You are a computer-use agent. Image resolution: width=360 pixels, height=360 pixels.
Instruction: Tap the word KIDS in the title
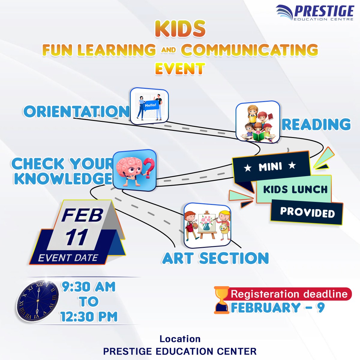coord(180,29)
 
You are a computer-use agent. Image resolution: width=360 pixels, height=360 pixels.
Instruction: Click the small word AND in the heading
coord(168,50)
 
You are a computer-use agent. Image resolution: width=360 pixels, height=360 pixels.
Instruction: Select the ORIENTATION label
coord(76,112)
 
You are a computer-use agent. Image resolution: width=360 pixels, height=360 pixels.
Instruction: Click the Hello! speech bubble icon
coord(150,105)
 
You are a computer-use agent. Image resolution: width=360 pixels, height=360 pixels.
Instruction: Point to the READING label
coord(316,124)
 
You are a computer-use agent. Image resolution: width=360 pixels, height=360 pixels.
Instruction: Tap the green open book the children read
coord(258,137)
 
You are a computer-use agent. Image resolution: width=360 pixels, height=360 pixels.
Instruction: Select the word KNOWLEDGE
coord(63,179)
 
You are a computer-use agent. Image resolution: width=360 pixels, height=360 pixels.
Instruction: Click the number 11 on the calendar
coord(77,237)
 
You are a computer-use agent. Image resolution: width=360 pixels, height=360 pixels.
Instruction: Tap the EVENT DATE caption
coord(68,258)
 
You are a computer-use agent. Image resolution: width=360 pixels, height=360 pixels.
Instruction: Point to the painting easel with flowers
coord(207,223)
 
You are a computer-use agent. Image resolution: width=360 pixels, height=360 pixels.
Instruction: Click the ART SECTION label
coord(215,258)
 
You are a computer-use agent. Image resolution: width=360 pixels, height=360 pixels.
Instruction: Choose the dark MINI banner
coord(271,166)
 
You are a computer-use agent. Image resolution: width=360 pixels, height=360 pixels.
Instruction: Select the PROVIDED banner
coord(307,212)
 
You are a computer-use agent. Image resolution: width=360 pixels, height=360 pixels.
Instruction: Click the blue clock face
coord(38,301)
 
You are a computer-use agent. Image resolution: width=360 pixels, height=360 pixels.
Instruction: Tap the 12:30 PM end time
coord(89,317)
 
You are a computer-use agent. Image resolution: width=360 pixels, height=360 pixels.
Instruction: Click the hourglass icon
coord(221,300)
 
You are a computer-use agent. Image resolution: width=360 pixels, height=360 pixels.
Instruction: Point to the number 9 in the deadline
coord(321,307)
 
